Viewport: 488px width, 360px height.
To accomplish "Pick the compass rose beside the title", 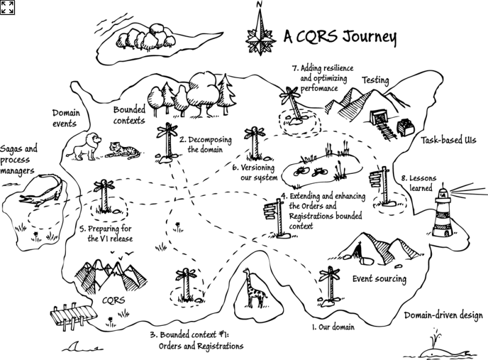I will (x=260, y=33).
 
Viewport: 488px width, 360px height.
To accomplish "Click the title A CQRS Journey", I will (x=340, y=38).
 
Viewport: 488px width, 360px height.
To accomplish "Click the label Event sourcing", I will (x=379, y=279).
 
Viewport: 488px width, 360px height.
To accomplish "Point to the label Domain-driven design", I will (x=443, y=315).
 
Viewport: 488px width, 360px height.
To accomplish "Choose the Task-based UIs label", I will (x=448, y=141).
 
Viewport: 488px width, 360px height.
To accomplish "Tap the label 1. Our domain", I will (x=333, y=328).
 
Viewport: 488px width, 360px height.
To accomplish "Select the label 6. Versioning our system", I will (x=254, y=172).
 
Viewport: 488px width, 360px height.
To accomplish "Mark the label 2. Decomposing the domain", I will (x=201, y=143).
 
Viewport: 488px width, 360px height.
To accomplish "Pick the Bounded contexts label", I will (x=129, y=115).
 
